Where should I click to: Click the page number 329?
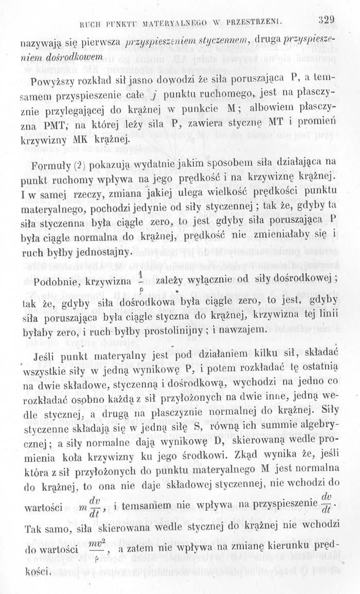pyautogui.click(x=326, y=21)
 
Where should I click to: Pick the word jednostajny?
pyautogui.click(x=98, y=253)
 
